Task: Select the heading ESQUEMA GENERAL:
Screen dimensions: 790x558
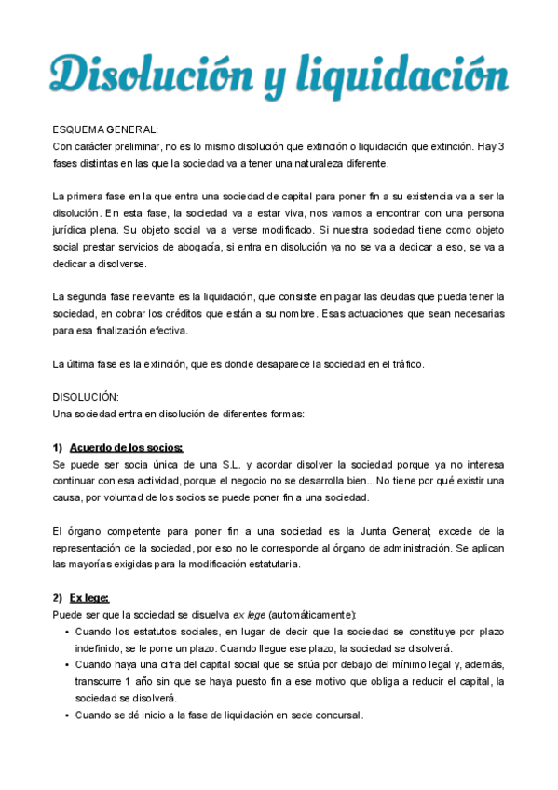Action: tap(105, 129)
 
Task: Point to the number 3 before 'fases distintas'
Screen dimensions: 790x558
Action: tap(501, 146)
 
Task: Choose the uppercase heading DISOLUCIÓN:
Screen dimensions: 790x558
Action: tap(86, 397)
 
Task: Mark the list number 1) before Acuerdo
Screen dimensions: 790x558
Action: tap(58, 447)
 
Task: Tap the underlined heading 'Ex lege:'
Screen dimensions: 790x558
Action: tap(89, 597)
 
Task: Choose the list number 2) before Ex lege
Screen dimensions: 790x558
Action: tap(58, 597)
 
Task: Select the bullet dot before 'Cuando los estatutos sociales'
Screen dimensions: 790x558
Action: tap(67, 632)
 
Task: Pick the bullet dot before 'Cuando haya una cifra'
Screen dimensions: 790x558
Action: tap(67, 665)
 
